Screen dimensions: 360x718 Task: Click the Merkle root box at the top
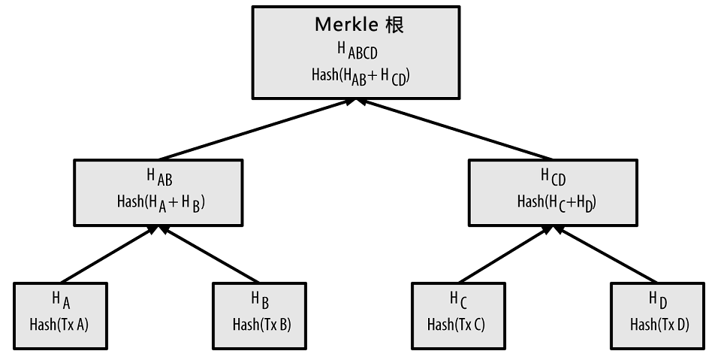358,51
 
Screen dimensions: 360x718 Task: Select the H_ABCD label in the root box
359,51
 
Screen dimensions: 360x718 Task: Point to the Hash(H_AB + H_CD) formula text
359,76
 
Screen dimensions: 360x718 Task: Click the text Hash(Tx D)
659,325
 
